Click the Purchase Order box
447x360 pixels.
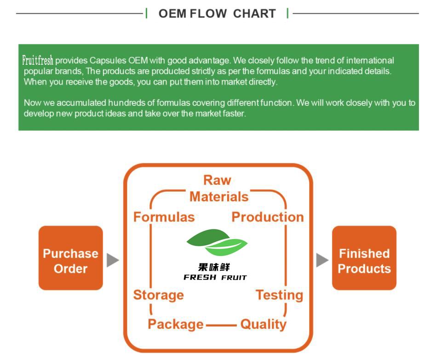70,258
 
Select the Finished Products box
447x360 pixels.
364,258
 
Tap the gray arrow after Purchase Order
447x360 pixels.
113,260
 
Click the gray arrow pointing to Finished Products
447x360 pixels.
322,260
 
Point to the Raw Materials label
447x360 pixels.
218,189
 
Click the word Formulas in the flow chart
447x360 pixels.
164,217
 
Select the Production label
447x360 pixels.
268,217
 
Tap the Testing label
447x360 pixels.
279,295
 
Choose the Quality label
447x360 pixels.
263,324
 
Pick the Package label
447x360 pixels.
175,324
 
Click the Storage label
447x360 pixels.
158,295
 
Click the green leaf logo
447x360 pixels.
217,242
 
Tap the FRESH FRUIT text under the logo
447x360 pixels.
215,277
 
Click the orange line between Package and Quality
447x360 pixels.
221,325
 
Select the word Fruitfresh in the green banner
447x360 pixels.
38,60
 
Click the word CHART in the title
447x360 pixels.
254,14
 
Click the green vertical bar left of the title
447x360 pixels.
146,13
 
